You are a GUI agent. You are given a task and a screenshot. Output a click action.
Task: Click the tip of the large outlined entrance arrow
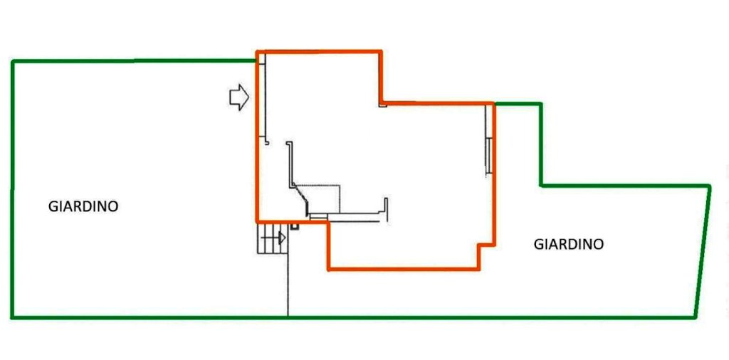coord(248,97)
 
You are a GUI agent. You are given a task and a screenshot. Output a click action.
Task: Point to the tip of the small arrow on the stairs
coord(285,238)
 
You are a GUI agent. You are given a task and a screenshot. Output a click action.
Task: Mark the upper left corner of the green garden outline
coord(13,61)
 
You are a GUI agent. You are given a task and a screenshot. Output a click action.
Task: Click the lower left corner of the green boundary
coord(13,318)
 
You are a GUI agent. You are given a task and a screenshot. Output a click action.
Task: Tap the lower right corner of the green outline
coord(695,318)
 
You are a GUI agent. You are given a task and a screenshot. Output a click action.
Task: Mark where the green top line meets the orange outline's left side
coord(256,60)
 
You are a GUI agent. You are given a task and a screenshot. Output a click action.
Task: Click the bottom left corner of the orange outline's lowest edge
coord(329,269)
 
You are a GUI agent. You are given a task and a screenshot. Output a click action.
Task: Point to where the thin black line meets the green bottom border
coord(288,317)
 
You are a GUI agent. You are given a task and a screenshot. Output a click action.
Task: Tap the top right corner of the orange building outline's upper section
coord(381,51)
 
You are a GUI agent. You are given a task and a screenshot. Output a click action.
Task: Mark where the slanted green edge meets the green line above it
coord(710,186)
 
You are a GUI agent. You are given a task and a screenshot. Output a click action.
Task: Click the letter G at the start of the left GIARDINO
coord(53,206)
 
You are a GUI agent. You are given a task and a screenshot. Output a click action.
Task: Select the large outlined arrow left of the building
coord(239,97)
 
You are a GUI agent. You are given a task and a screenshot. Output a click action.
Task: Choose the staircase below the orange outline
coord(273,238)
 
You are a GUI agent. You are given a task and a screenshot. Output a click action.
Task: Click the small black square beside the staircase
coord(294,227)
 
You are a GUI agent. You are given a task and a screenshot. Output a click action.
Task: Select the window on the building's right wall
coord(488,156)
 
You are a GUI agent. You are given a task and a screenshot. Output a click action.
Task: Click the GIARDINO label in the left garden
coord(83,206)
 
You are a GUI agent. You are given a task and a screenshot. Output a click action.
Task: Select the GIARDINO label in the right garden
coord(569,244)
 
